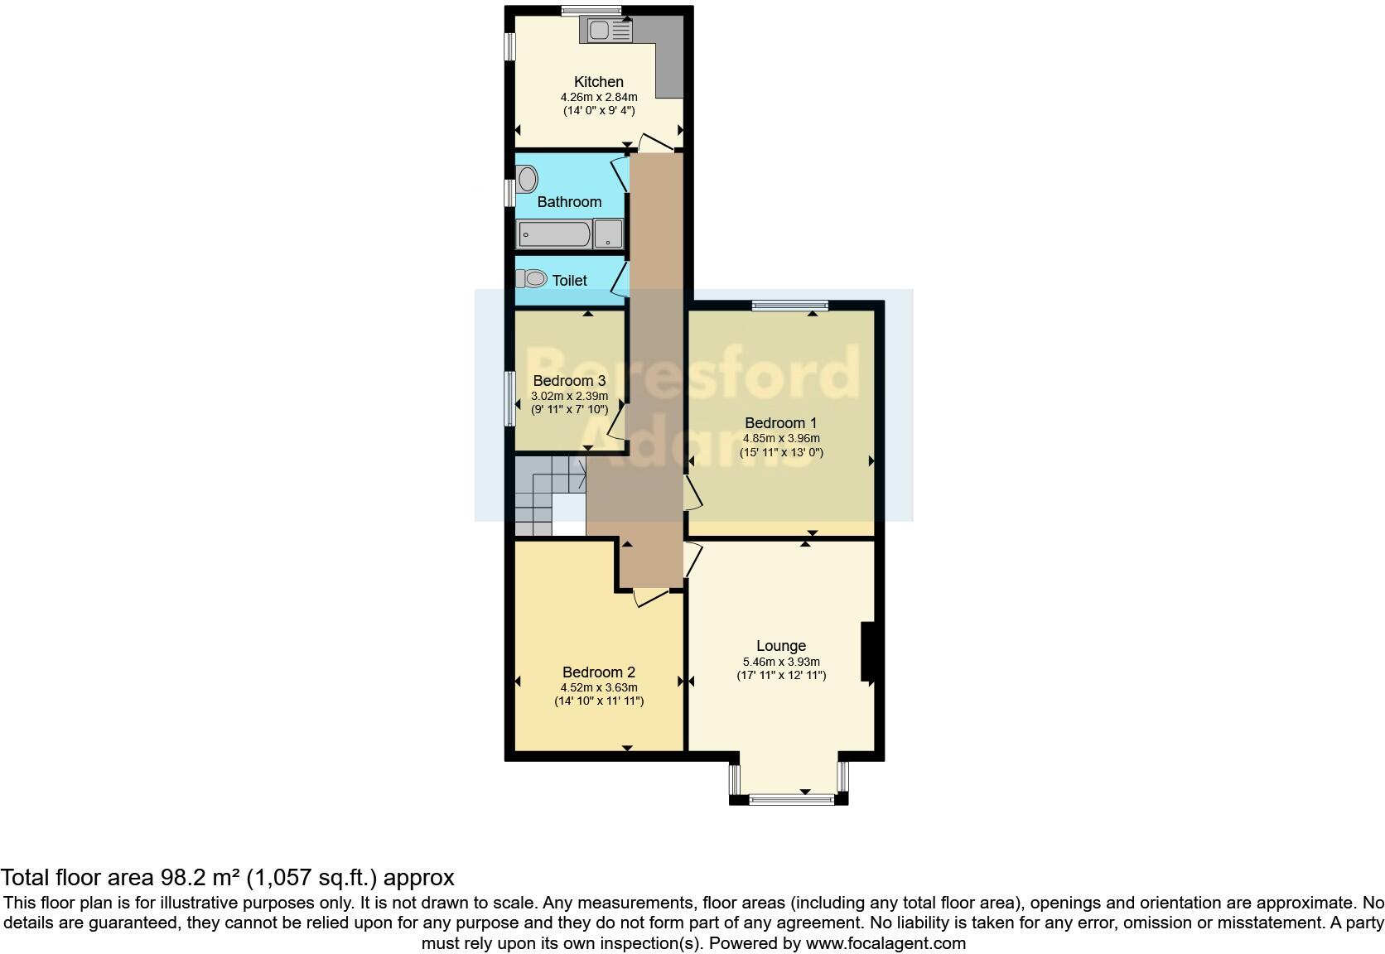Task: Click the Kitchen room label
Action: click(598, 82)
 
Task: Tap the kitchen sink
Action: click(610, 31)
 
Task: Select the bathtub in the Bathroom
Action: click(553, 234)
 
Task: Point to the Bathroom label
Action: click(569, 202)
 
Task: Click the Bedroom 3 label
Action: click(569, 381)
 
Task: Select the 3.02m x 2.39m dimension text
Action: click(569, 396)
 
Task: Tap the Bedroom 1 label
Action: click(780, 423)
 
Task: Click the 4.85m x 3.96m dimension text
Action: click(780, 438)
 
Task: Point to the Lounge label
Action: click(780, 646)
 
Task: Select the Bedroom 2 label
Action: click(598, 672)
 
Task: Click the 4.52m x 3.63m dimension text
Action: click(598, 687)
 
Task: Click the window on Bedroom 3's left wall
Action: click(509, 398)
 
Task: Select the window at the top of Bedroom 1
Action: click(789, 306)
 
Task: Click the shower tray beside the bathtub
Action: click(609, 234)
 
